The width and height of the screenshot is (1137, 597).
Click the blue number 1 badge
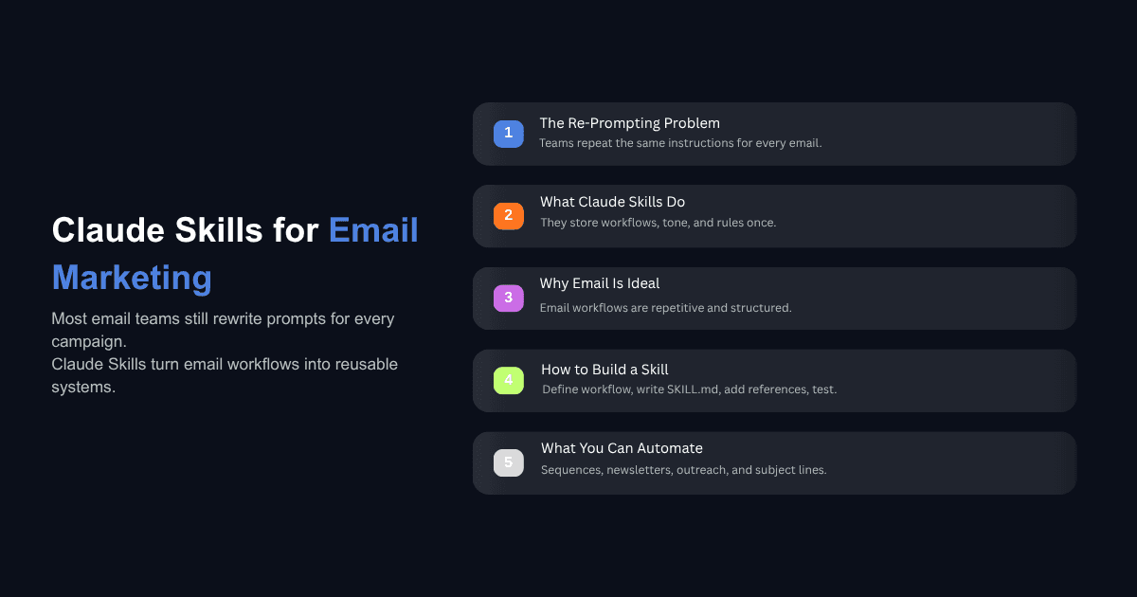tap(508, 134)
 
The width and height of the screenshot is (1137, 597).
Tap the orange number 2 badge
tap(508, 215)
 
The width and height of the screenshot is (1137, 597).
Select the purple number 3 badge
tap(508, 298)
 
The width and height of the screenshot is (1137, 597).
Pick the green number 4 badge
tap(508, 380)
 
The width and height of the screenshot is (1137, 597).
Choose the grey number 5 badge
tap(508, 462)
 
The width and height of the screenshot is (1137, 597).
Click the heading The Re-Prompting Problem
tap(629, 123)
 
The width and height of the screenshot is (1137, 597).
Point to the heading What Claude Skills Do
tap(612, 202)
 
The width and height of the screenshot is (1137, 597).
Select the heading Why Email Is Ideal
tap(599, 283)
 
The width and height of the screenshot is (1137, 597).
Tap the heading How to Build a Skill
tap(605, 369)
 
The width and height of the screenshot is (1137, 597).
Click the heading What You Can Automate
tap(622, 448)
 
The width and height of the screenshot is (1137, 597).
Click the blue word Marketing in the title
tap(132, 278)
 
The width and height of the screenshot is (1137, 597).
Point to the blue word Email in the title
tap(373, 230)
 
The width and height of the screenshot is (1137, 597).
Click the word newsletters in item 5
tap(639, 470)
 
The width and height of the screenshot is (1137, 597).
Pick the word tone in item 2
tap(675, 223)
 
